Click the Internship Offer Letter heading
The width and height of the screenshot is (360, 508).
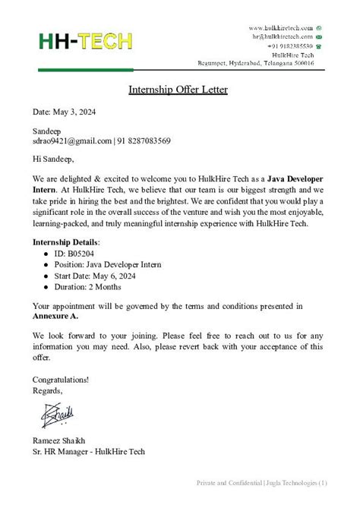point(178,90)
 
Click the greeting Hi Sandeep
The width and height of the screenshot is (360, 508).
point(52,159)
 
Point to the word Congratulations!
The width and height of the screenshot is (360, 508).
point(61,379)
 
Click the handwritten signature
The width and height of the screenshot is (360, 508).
point(58,415)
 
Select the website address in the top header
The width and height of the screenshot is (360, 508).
point(280,28)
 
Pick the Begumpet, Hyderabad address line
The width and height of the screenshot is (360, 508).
point(270,63)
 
